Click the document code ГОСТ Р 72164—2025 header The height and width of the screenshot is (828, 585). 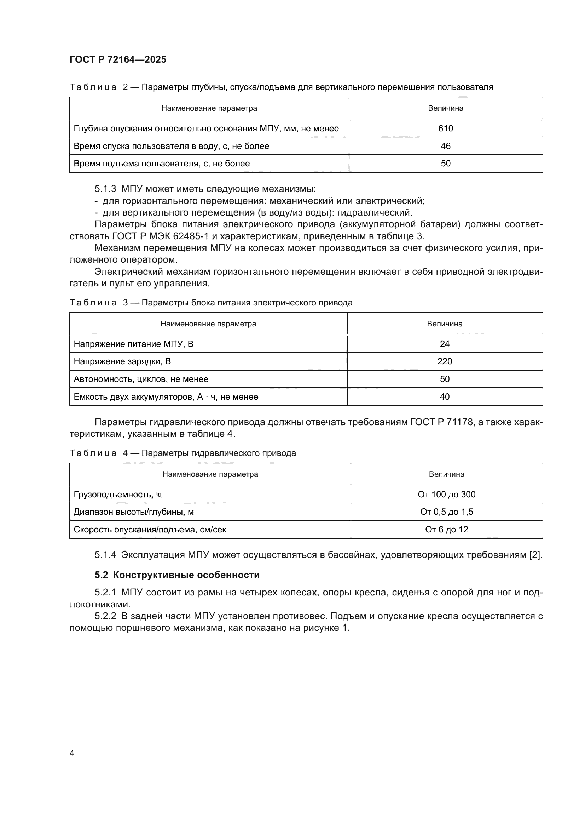(x=118, y=59)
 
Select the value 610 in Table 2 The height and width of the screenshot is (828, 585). (x=446, y=129)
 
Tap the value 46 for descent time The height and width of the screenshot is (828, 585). (x=446, y=146)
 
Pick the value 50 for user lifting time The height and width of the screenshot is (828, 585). (x=446, y=163)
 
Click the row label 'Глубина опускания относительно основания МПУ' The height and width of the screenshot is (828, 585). (x=206, y=129)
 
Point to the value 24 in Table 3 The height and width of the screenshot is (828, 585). (x=445, y=344)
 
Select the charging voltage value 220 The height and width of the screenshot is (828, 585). (x=445, y=361)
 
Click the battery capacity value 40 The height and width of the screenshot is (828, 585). (x=445, y=397)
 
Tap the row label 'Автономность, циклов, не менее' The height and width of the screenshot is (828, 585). (x=141, y=379)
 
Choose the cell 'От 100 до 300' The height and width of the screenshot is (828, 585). (x=446, y=495)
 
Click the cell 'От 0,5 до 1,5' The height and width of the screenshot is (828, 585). (x=446, y=512)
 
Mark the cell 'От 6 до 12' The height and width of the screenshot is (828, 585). (x=446, y=529)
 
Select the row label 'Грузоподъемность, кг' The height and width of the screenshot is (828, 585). (x=118, y=495)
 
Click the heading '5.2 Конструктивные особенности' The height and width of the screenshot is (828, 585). (x=177, y=575)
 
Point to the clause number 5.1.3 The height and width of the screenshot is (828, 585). (x=105, y=189)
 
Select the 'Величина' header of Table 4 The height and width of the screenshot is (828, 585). (x=446, y=474)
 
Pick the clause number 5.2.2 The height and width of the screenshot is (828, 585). (x=105, y=616)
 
